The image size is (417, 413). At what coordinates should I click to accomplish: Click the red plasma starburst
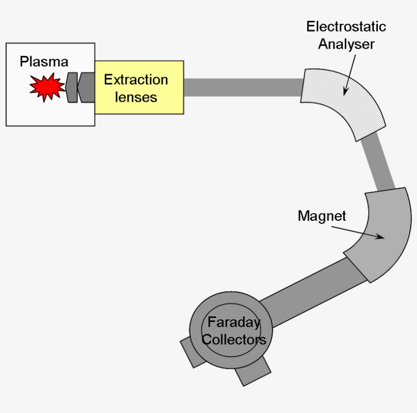(x=47, y=87)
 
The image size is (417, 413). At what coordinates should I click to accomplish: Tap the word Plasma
(x=44, y=62)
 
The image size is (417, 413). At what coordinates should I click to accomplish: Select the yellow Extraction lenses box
(x=138, y=104)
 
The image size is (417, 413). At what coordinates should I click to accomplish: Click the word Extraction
(x=136, y=80)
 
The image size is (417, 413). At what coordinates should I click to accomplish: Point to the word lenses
(x=136, y=97)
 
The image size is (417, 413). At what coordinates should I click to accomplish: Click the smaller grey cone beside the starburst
(x=72, y=87)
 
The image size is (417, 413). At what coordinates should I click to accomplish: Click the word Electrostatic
(x=346, y=26)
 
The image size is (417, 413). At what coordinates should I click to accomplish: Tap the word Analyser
(x=346, y=44)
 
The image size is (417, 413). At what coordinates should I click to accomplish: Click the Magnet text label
(x=321, y=216)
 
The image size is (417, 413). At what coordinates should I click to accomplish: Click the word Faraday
(x=234, y=322)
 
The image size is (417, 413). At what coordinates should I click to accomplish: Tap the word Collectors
(x=234, y=339)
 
